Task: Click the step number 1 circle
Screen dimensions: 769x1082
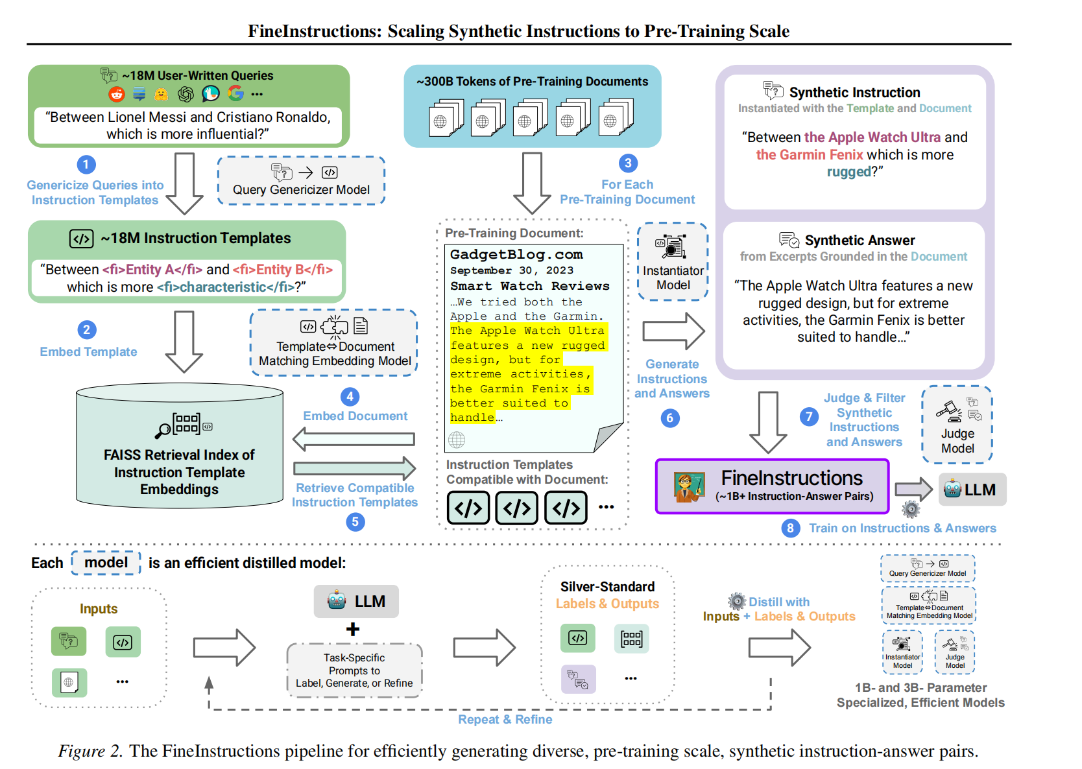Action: tap(86, 165)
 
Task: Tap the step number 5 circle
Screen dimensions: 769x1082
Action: tap(355, 522)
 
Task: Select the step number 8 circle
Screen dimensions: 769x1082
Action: tap(790, 528)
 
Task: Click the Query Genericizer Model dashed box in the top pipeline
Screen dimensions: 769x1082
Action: tap(301, 181)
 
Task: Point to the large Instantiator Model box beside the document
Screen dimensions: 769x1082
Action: tap(673, 261)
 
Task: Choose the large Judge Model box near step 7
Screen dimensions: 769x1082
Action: tap(957, 425)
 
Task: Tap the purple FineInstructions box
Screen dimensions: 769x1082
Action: tap(772, 486)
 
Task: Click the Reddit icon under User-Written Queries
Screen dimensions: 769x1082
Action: tap(117, 95)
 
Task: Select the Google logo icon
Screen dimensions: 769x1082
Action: tap(235, 94)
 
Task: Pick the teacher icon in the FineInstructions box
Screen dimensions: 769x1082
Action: tap(689, 487)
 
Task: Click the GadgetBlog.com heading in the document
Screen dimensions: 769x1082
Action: tap(516, 254)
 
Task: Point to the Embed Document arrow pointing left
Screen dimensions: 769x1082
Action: tap(354, 440)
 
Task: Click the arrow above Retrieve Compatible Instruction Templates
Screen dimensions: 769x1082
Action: tap(354, 468)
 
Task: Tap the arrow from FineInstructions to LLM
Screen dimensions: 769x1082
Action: tap(913, 490)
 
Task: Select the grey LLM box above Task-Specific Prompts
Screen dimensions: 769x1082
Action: tap(356, 601)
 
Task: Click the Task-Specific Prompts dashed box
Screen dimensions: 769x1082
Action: tap(354, 670)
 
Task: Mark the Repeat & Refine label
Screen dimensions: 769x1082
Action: tap(505, 719)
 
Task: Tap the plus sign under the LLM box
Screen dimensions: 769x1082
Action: tap(353, 629)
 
